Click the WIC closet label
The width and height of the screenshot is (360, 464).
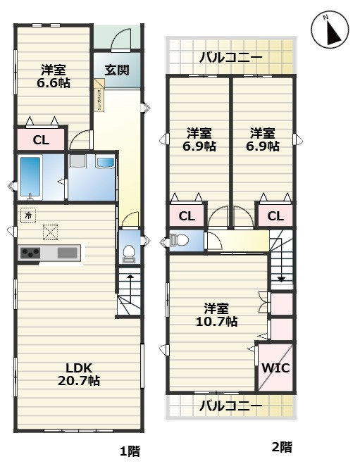[275, 368]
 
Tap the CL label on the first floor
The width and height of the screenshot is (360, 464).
[41, 139]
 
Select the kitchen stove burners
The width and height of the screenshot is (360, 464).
[32, 253]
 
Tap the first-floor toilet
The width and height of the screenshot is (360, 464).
[129, 251]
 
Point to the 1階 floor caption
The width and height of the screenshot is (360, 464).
[129, 451]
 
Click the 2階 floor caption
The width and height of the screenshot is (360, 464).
[281, 446]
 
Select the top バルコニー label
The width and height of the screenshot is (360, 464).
[230, 57]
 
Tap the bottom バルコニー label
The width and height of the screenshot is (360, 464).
[230, 406]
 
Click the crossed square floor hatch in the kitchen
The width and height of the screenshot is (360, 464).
[51, 231]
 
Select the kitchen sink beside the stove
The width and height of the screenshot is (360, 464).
[67, 253]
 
